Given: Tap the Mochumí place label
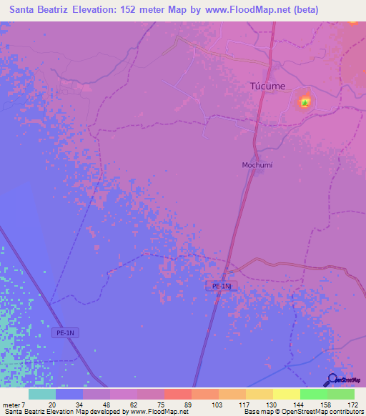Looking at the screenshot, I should coord(257,165).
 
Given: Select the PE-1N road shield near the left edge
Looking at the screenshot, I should coord(65,333).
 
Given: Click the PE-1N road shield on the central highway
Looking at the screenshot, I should coord(222,286).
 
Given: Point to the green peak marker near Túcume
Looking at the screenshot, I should coord(305,103).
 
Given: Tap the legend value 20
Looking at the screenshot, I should coord(51,404).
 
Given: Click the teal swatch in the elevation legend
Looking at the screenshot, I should coord(42,394).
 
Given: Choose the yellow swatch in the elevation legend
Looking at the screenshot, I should coord(287,394).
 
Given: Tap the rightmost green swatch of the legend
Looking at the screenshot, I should coord(341,394).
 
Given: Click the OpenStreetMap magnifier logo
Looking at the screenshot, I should coord(332,381).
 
